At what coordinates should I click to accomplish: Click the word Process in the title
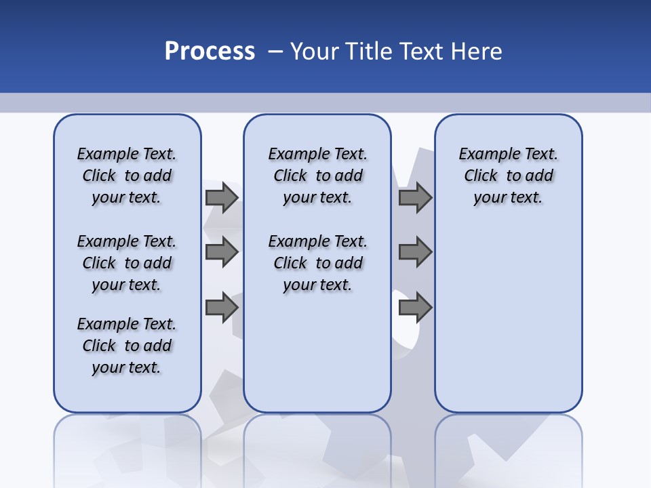tap(210, 52)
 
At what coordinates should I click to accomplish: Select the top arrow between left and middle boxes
tap(221, 197)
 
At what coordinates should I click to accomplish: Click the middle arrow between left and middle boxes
tap(221, 252)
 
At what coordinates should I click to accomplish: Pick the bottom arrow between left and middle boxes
tap(221, 308)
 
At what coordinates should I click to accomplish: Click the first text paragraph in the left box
tap(127, 176)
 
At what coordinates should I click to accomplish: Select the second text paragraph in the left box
tap(127, 263)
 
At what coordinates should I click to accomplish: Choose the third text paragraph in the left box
tap(127, 346)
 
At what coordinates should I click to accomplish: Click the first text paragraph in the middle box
tap(317, 176)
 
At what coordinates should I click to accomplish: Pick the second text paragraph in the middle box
tap(317, 263)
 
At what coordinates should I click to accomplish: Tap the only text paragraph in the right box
tap(508, 176)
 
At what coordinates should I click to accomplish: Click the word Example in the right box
tap(484, 154)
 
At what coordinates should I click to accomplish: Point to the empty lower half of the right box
tap(508, 325)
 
